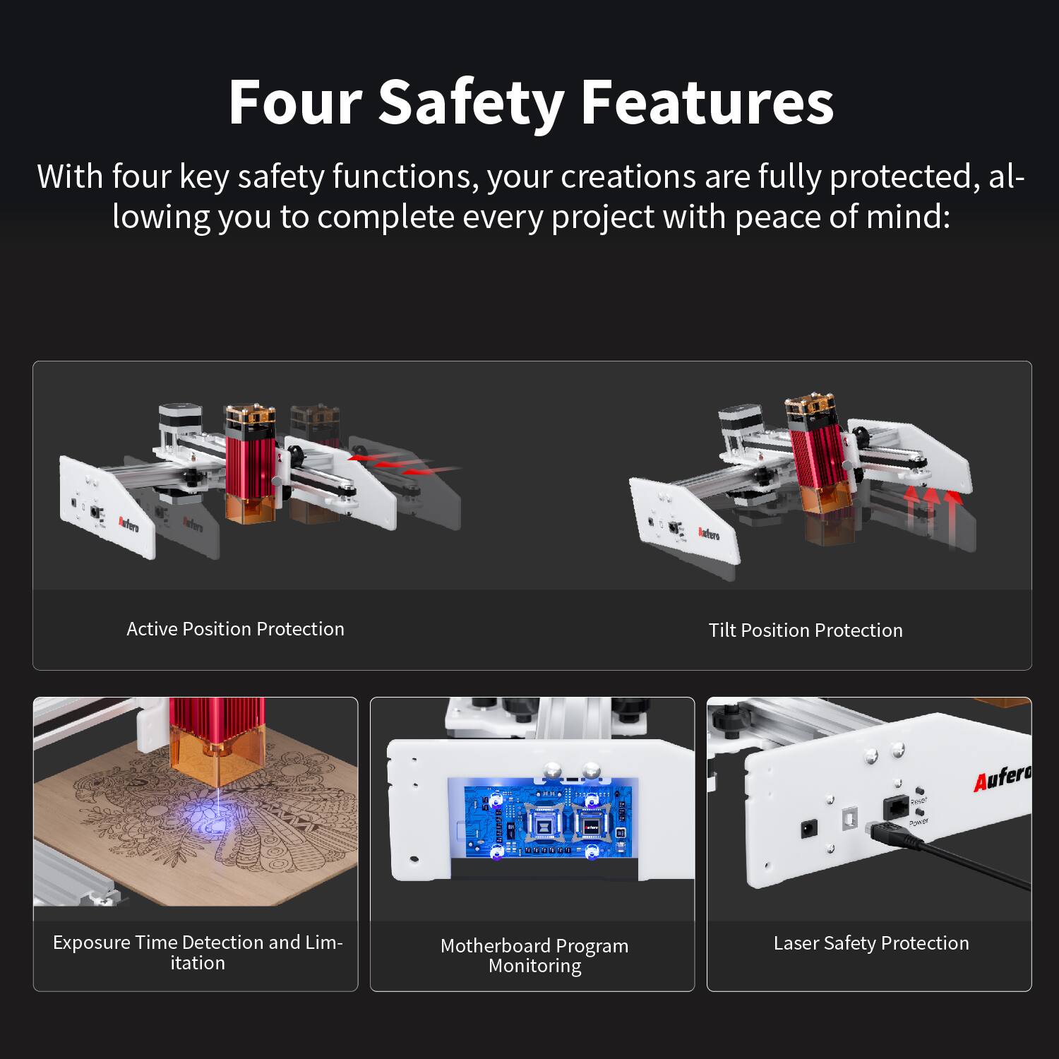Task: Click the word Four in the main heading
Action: pos(295,103)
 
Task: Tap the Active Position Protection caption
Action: pos(235,629)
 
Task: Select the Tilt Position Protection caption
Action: pos(806,630)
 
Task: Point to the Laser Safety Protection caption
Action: pos(871,943)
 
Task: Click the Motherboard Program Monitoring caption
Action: pos(534,955)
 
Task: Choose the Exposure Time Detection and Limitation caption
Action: pos(198,952)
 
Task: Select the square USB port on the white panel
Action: pos(847,819)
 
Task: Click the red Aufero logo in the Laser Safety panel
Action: pos(1001,778)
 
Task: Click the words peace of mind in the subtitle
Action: pos(842,217)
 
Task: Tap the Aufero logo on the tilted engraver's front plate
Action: pos(709,532)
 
